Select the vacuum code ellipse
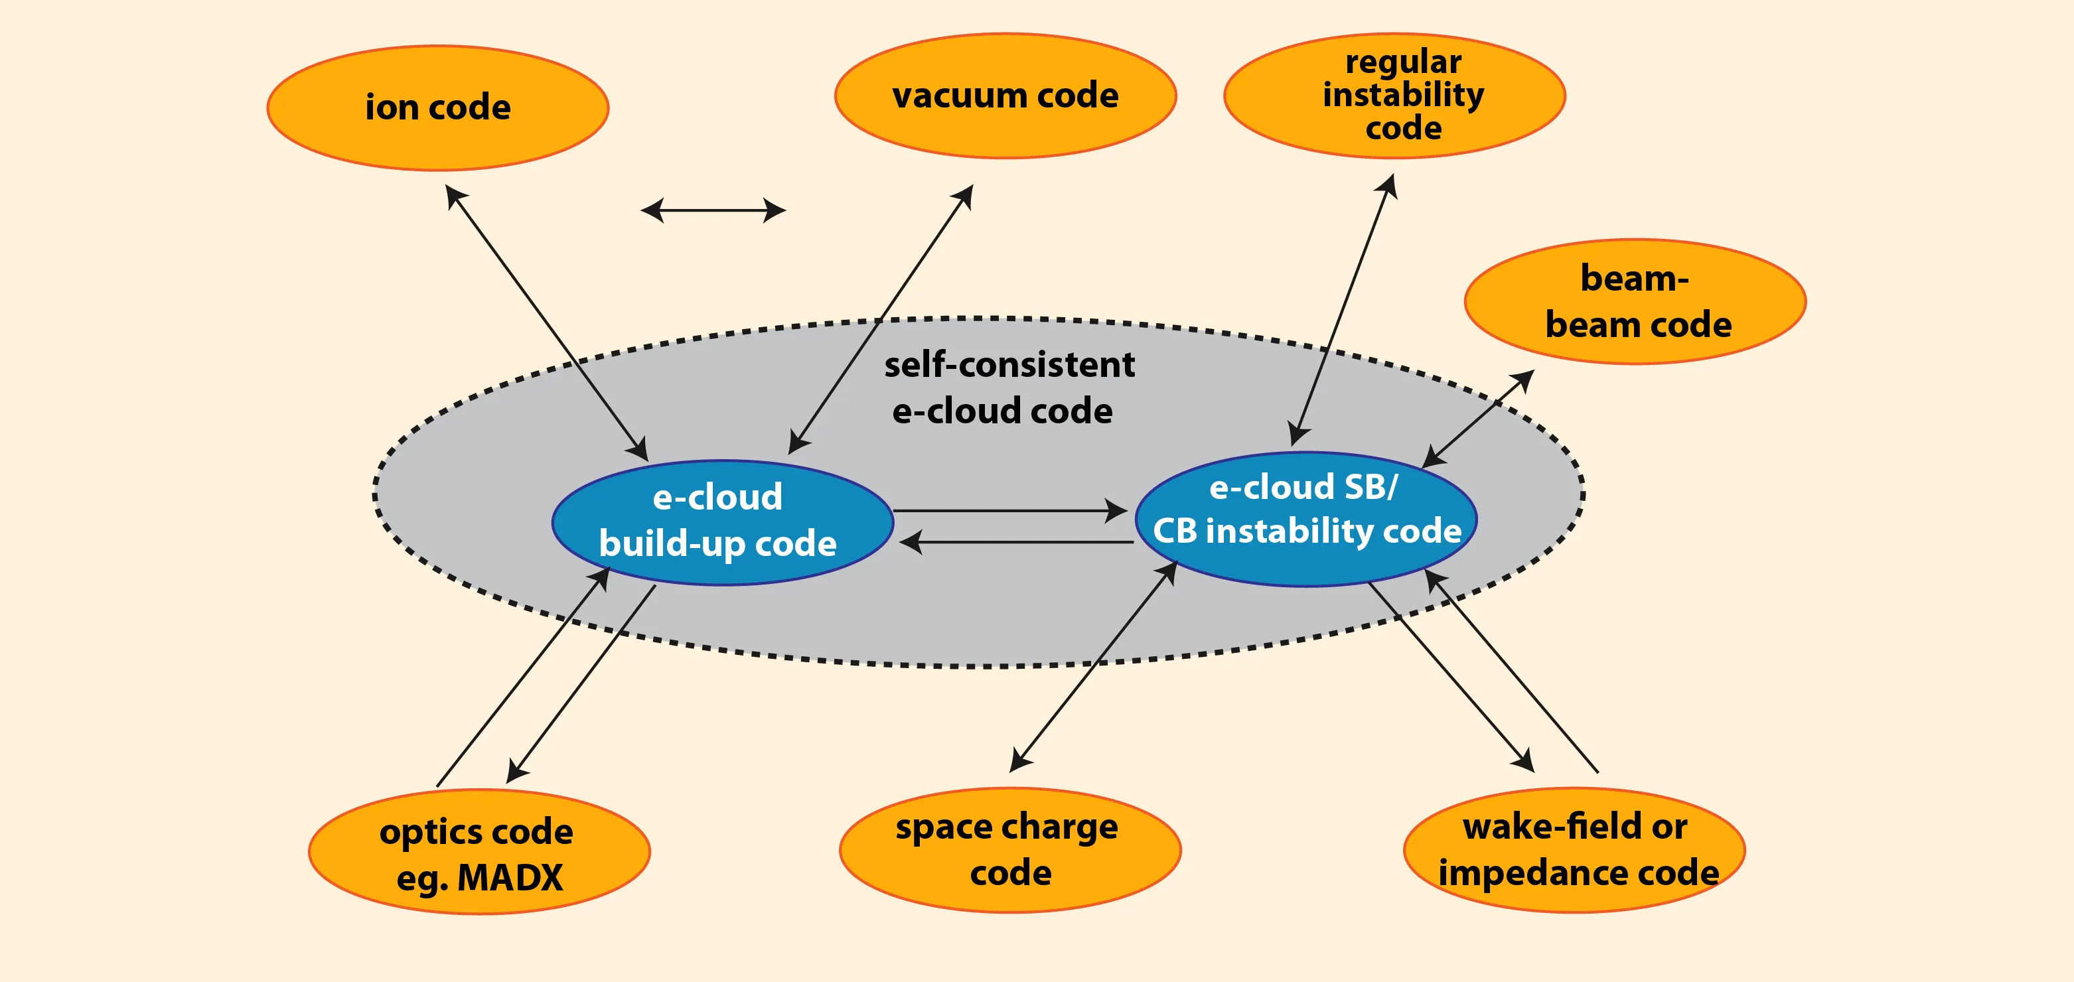point(1005,96)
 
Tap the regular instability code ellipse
point(1394,95)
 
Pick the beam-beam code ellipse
point(1635,301)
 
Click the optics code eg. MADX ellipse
point(479,851)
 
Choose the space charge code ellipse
point(1009,850)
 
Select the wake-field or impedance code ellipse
point(1574,850)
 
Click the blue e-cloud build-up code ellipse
point(722,522)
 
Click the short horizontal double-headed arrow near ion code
point(713,211)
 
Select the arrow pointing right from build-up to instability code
point(1009,510)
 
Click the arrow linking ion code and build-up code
point(547,322)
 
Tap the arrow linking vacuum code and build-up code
point(881,318)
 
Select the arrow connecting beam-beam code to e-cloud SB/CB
point(1478,419)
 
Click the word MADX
point(510,877)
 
